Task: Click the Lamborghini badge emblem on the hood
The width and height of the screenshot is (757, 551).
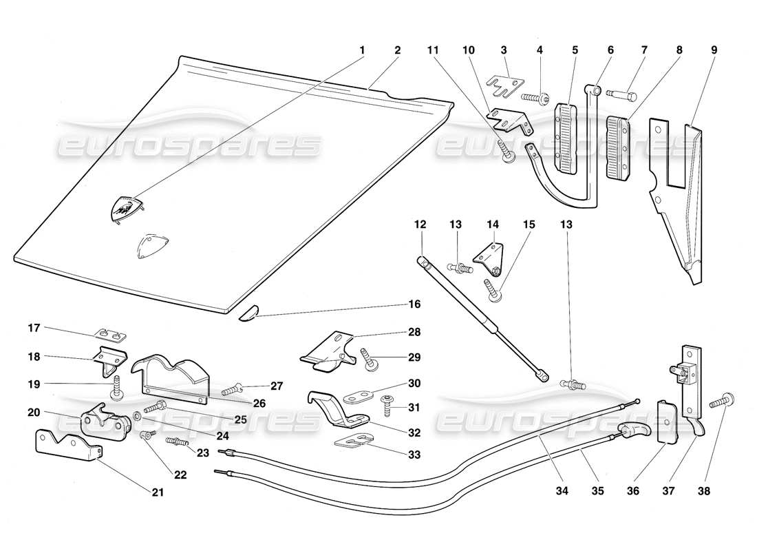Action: click(x=126, y=207)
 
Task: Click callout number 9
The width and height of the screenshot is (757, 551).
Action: click(x=714, y=50)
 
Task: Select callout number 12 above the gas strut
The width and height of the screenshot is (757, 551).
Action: click(x=421, y=225)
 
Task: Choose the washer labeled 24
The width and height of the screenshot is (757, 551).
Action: click(x=138, y=417)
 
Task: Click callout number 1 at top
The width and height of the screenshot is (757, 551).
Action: click(x=362, y=50)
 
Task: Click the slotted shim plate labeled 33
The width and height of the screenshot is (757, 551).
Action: click(x=355, y=441)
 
